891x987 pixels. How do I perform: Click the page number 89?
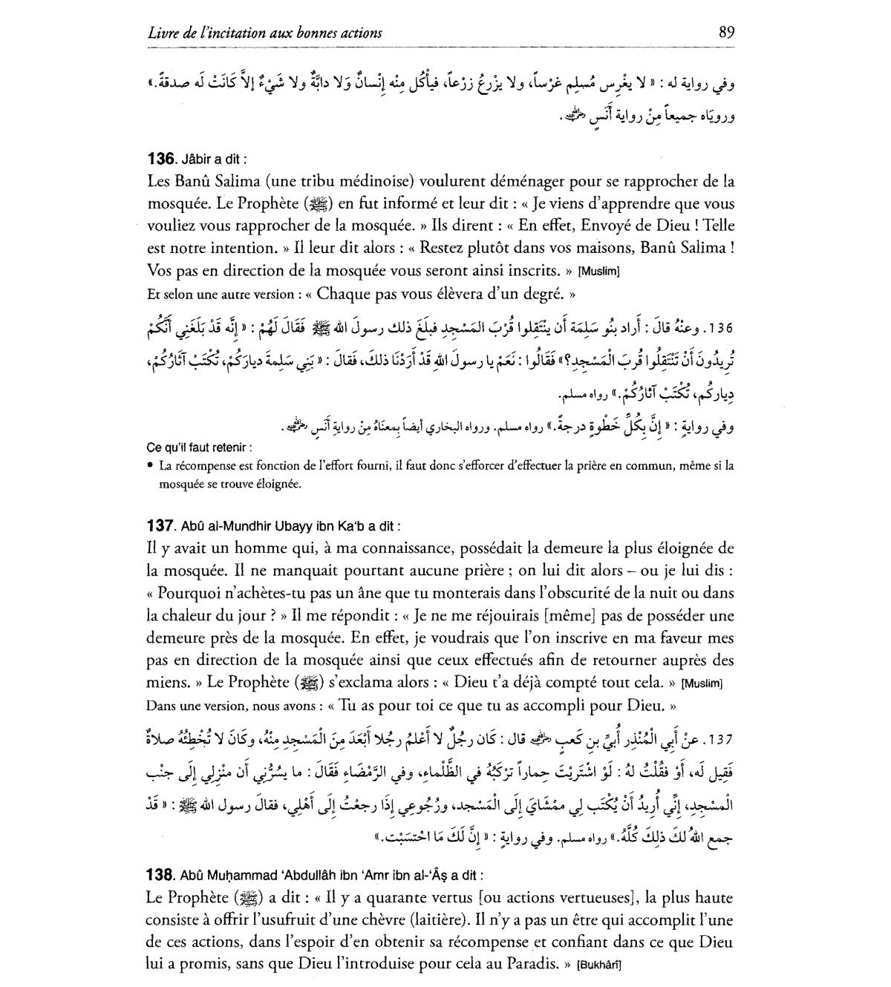click(726, 32)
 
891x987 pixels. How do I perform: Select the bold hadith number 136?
click(160, 158)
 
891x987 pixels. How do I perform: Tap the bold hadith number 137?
click(160, 526)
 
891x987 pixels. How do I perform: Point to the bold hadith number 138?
click(160, 875)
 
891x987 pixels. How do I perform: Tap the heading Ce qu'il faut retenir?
click(199, 447)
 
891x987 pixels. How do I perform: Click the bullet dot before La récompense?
click(151, 466)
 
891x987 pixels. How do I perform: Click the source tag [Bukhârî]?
click(598, 965)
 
